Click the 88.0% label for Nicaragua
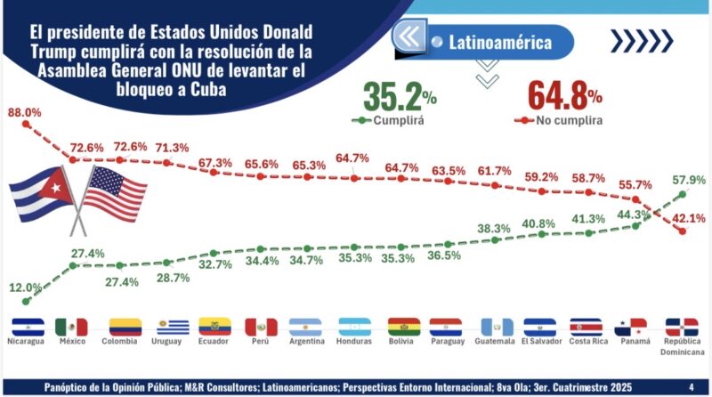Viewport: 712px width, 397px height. tap(24, 112)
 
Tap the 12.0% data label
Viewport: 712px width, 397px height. tap(25, 287)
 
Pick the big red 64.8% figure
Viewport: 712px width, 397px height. tap(565, 95)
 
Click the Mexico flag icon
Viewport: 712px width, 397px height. tap(71, 327)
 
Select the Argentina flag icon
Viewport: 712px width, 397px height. tap(305, 327)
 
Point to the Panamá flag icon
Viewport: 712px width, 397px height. tap(630, 327)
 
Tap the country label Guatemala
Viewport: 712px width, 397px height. tap(496, 342)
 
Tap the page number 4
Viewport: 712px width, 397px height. tap(692, 386)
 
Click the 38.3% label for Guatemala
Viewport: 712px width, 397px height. tap(493, 229)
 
